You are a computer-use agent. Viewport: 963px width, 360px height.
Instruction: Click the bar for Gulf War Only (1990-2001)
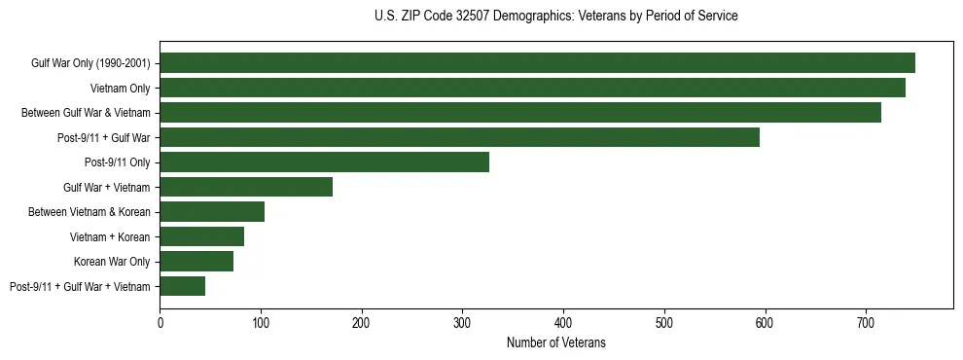pos(537,63)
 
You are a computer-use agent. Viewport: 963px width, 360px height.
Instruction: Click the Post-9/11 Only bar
pos(324,162)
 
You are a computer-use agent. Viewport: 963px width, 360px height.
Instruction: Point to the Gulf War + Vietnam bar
pos(246,187)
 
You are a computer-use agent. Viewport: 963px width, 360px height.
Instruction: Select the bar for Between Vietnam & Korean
pos(212,212)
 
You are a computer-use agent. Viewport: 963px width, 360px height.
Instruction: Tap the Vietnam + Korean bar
pos(201,236)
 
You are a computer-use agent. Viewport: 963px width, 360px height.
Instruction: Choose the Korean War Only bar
pos(196,262)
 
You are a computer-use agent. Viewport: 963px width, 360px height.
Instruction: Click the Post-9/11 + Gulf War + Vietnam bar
pos(182,286)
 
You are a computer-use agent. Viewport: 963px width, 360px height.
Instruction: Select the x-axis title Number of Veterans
pos(555,342)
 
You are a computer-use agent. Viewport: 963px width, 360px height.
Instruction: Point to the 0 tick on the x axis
pos(160,322)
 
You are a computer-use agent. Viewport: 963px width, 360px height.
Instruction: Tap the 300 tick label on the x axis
pos(462,322)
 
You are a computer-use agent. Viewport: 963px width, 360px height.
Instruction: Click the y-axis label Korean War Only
pos(112,262)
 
